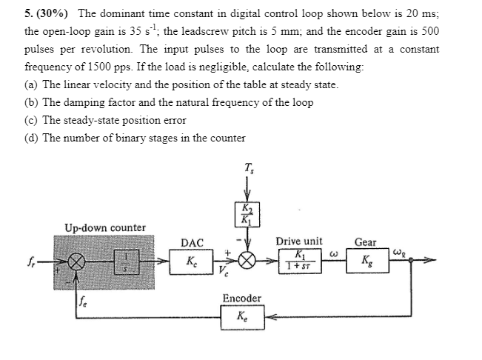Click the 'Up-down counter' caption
point(104,227)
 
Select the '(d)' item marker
point(31,137)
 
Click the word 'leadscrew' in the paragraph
point(226,31)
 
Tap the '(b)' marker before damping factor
point(31,101)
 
